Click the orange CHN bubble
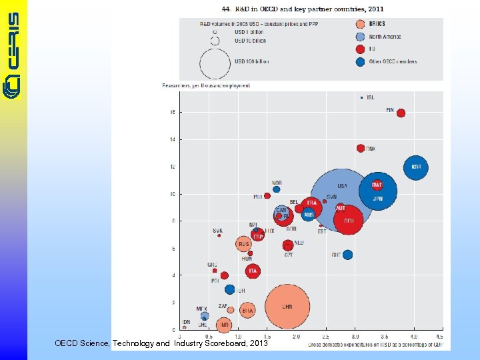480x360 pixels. pos(287,307)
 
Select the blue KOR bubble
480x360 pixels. pos(416,167)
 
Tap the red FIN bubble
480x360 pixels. pos(401,113)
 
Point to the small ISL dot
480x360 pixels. pos(361,97)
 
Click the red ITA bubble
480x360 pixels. pos(252,271)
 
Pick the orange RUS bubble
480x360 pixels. pos(244,245)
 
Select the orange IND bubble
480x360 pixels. pos(224,325)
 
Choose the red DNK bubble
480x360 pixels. pos(361,148)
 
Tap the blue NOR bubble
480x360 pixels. pos(277,189)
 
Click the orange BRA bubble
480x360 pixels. pos(247,310)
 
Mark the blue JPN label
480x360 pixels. pos(377,198)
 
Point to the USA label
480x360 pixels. pos(342,186)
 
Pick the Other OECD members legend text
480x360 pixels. pos(393,61)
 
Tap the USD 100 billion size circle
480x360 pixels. pos(215,62)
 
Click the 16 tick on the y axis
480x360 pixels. pos(173,112)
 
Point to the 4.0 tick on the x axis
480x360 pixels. pos(414,337)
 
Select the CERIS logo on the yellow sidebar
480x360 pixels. pos(14,53)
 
